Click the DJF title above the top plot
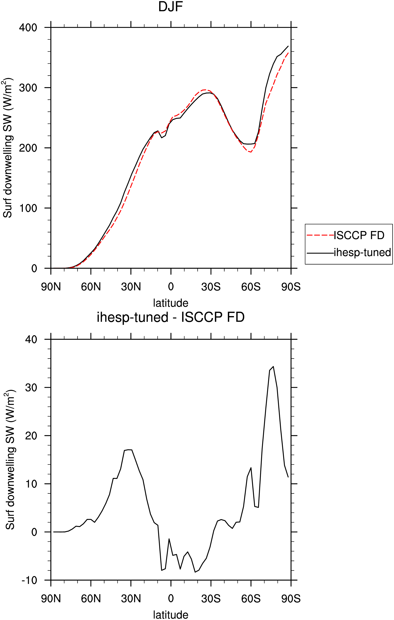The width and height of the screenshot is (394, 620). pos(170,7)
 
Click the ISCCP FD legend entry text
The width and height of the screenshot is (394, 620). pos(359,235)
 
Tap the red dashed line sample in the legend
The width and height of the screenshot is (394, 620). pos(320,235)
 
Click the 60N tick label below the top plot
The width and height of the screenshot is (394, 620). pos(91,287)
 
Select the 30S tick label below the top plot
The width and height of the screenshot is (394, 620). pos(211,287)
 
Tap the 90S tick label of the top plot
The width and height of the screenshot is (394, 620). pos(291,287)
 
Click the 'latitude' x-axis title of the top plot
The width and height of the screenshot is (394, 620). pos(170,303)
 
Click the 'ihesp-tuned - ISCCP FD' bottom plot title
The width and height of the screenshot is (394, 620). pos(170,317)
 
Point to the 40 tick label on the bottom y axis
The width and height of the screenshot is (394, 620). pos(31,339)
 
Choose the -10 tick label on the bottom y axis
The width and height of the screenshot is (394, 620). pos(29,580)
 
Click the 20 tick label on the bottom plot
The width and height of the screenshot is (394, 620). pos(31,436)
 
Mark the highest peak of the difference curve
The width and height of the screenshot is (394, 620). pos(273,366)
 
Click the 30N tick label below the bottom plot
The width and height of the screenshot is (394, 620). pos(131,599)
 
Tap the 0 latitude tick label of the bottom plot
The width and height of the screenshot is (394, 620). pos(171,599)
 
